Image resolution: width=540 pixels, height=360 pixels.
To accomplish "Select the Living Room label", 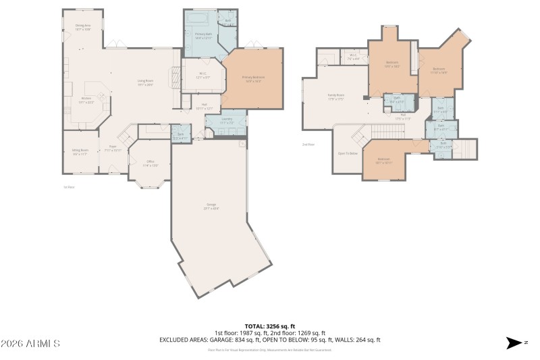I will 146,83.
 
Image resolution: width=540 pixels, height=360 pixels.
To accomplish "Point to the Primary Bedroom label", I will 253,78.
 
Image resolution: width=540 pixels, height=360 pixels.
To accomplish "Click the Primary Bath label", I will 204,35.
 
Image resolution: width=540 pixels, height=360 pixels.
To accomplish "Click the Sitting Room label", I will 80,152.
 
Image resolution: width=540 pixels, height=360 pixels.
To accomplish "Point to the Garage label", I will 211,206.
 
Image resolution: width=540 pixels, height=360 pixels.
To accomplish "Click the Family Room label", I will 335,97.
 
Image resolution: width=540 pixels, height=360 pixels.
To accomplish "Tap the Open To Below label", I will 347,153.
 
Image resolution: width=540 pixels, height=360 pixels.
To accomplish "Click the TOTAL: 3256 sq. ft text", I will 269,326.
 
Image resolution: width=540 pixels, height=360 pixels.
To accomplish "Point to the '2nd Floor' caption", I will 308,145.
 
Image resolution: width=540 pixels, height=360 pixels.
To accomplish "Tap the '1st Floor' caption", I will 68,187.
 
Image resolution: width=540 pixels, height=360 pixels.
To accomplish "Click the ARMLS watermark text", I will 30,344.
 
